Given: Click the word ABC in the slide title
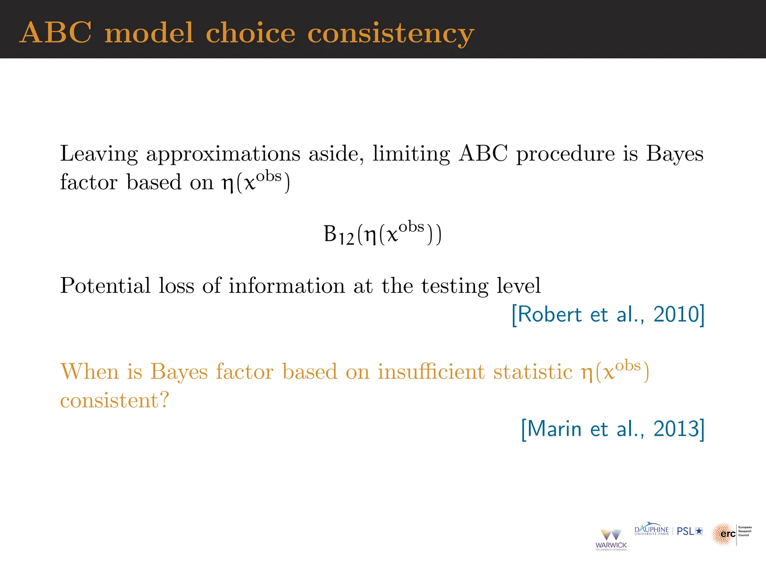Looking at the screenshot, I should click(x=55, y=33).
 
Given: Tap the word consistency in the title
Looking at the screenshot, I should click(x=390, y=34).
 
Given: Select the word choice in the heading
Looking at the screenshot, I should click(x=250, y=33).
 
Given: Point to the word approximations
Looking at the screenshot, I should click(x=223, y=154).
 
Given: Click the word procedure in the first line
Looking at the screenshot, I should click(x=565, y=154).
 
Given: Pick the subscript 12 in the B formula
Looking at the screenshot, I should click(x=346, y=239).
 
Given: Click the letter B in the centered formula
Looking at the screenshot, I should click(x=330, y=234).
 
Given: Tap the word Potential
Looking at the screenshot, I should click(x=105, y=286).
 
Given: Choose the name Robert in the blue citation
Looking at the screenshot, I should click(x=549, y=314).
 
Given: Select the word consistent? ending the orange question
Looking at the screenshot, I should click(x=114, y=401).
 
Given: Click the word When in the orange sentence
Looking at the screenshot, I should click(x=89, y=372).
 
